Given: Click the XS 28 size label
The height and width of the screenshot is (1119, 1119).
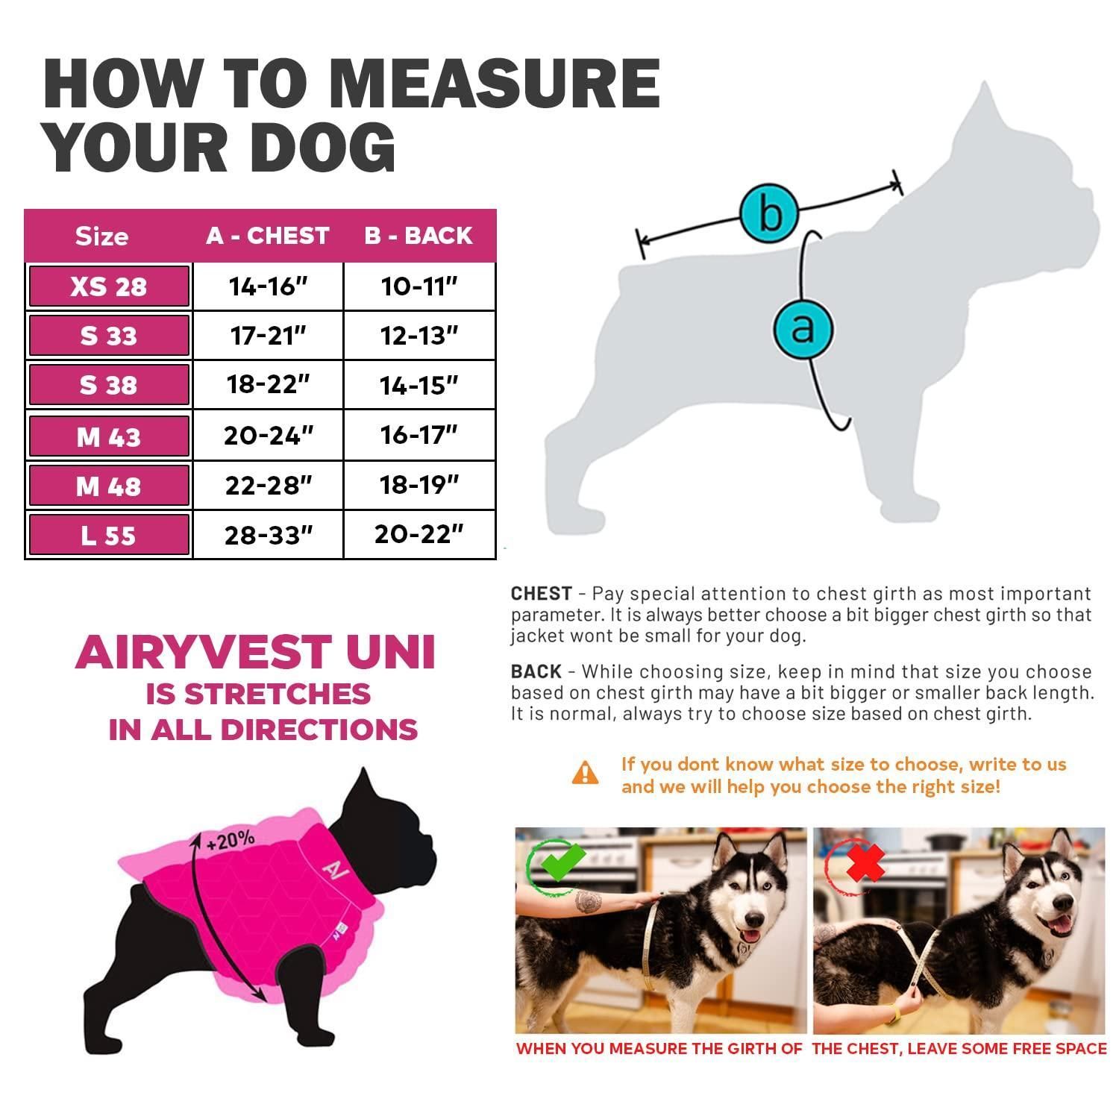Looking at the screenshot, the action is point(109,286).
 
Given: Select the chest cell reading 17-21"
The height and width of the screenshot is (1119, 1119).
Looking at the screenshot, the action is point(269,336).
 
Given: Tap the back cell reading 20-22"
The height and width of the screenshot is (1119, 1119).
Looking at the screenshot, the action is point(419,534).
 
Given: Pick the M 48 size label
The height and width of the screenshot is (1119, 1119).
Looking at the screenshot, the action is point(109,486).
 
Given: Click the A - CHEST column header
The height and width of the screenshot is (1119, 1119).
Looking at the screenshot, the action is point(268,236).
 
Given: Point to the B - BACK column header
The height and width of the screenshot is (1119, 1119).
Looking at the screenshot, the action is point(419,236).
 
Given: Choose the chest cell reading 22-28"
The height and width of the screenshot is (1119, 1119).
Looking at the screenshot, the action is point(269,486).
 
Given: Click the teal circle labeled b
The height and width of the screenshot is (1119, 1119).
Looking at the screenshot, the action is point(770,213).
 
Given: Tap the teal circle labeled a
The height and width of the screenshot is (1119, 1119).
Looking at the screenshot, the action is point(803,328).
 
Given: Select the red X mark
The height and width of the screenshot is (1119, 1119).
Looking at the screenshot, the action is point(865,863).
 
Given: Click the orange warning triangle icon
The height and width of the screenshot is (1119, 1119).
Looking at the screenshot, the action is point(586,773).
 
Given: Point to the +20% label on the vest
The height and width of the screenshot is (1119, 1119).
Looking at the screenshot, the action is point(231,840).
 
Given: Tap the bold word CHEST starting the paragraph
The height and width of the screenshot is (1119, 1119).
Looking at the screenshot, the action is point(542,594).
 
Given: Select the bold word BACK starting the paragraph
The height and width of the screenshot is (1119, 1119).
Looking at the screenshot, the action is point(536,671).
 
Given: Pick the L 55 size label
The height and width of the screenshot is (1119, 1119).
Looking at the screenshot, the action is point(109,536).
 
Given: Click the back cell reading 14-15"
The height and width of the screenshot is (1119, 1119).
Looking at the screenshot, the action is point(419,385).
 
